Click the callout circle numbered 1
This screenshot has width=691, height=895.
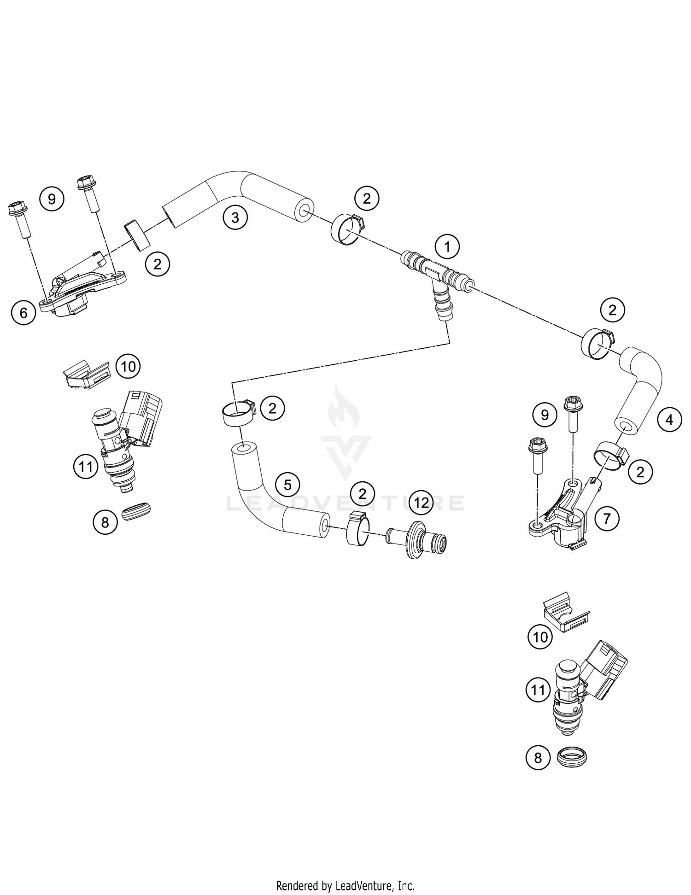point(446,247)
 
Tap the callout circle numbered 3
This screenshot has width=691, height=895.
point(235,216)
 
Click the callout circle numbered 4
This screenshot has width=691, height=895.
point(669,419)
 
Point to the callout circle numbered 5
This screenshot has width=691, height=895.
point(287,485)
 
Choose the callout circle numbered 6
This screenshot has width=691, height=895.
point(23,313)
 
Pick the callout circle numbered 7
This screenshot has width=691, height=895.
point(607,519)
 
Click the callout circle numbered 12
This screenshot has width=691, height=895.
point(422,502)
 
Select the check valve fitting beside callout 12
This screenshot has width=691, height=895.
point(419,540)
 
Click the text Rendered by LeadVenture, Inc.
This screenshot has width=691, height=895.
point(345,885)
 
